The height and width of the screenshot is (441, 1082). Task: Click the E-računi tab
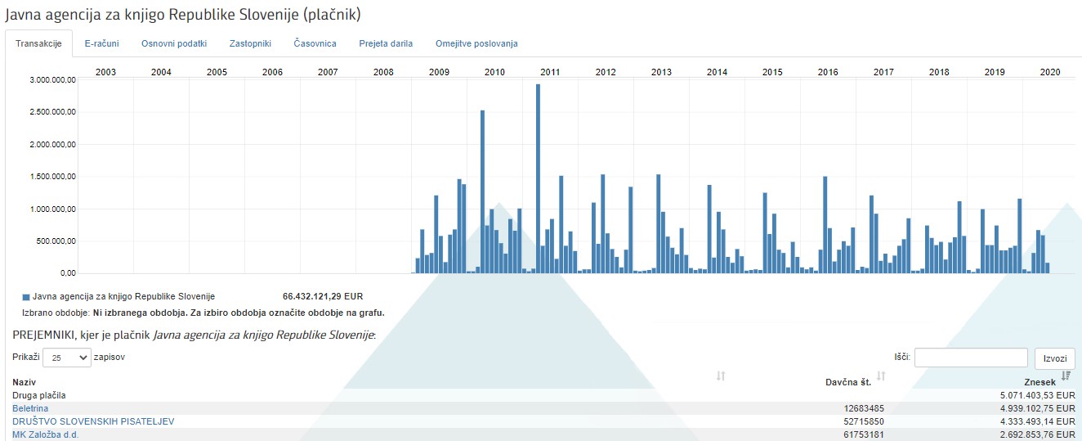pos(101,43)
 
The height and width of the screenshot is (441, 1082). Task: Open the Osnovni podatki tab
pos(173,43)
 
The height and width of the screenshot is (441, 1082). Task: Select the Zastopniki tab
pos(250,43)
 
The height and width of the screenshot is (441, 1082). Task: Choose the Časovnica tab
pos(315,43)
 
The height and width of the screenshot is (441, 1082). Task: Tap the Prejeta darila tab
pos(386,43)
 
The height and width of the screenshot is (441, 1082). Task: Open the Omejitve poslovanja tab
pos(476,43)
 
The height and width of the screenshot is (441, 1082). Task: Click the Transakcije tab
pos(38,43)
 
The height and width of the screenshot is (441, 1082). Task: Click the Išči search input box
pos(971,358)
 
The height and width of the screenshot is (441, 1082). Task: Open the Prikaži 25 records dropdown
pos(67,358)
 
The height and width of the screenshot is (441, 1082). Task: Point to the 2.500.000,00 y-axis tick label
pos(51,112)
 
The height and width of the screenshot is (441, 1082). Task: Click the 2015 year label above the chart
pos(772,72)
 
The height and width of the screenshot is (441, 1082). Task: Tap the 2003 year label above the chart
pos(105,72)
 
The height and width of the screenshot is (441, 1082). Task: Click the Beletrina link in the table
pos(30,408)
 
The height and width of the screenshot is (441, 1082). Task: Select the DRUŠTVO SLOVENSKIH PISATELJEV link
pos(93,421)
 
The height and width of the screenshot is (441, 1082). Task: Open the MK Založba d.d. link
pos(46,434)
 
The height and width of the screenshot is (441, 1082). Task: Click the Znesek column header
pos(1040,382)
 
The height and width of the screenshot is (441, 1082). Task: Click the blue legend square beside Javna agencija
pos(26,297)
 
